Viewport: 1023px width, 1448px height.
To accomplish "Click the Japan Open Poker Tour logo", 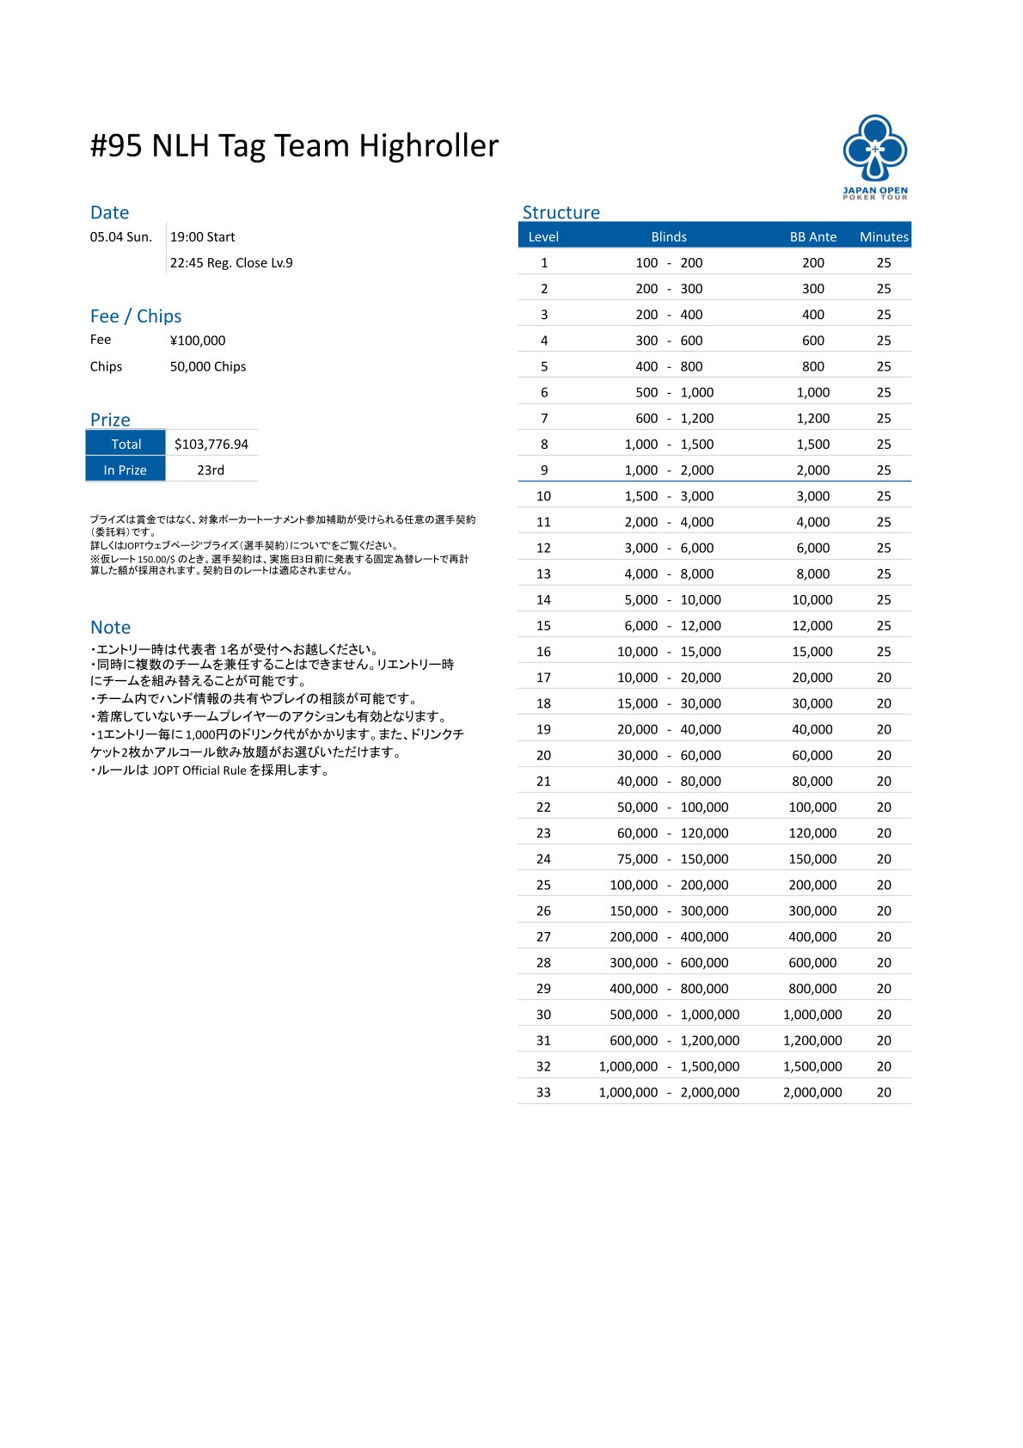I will point(874,156).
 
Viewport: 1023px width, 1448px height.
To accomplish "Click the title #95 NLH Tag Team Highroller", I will point(294,146).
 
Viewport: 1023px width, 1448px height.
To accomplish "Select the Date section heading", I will point(109,212).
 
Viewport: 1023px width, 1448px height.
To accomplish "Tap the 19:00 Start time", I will point(202,237).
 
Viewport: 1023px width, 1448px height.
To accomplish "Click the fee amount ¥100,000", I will point(198,341).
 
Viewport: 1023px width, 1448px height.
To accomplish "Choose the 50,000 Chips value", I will point(208,366).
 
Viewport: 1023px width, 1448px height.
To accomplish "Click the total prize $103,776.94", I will point(211,445).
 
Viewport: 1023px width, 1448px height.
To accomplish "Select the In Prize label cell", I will point(126,470).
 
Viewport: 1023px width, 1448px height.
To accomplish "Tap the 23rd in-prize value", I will point(211,470).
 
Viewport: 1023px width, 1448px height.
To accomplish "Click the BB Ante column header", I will point(812,237).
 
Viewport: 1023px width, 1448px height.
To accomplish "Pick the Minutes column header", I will point(884,237).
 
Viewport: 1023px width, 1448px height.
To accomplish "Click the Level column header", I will point(543,237).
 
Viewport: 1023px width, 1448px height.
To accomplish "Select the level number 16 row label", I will point(543,652).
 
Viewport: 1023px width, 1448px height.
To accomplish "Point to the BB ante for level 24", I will point(812,859).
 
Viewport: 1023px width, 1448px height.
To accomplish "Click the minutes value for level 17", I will point(884,678).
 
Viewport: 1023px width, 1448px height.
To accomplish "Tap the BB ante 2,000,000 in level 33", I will point(812,1092).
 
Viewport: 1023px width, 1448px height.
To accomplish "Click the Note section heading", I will point(110,628).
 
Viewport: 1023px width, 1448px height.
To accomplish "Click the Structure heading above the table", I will point(561,212).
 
